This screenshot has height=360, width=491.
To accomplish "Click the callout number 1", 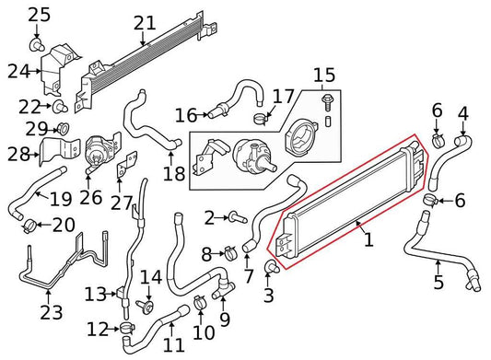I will (368, 241).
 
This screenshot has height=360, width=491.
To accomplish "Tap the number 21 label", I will (145, 23).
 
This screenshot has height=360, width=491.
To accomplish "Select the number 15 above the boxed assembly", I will (323, 75).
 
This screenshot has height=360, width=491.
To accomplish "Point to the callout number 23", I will (52, 312).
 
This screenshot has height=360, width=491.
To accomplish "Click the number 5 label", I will (438, 283).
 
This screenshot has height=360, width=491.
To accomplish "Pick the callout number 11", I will (174, 345).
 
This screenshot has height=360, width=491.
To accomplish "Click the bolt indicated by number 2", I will (236, 217).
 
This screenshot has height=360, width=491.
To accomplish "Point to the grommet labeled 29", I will (64, 127).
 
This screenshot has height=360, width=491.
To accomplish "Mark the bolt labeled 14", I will (146, 305).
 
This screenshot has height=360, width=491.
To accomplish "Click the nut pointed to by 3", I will (271, 268).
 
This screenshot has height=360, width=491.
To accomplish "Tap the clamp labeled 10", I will (200, 303).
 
